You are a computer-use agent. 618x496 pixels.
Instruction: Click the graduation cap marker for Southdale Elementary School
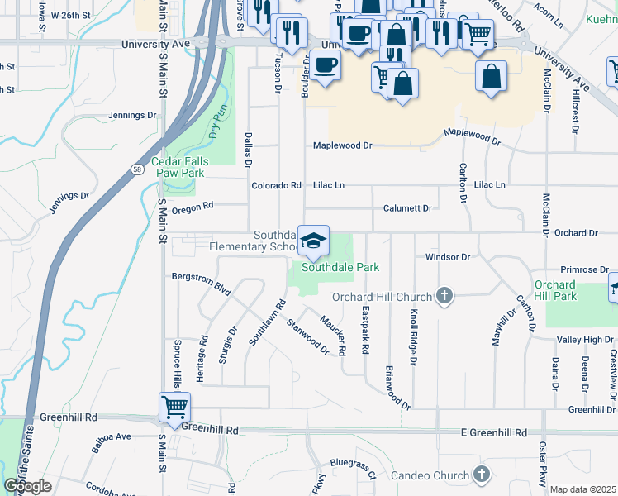coord(313,241)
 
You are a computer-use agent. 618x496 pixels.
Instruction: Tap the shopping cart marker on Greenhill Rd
coord(175,407)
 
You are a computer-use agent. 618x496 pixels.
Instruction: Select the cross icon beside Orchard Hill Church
coord(444,296)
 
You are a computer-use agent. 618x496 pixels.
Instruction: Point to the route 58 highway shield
coord(135,169)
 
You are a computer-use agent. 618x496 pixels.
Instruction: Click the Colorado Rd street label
coord(276,186)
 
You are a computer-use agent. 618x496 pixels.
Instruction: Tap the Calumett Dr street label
coord(407,208)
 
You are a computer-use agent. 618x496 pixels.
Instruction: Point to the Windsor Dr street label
coord(447,257)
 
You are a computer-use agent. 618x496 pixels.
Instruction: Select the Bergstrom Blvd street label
coord(200,283)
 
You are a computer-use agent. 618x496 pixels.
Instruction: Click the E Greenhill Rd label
coord(494,432)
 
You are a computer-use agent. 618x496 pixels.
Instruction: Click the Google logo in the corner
coord(28,486)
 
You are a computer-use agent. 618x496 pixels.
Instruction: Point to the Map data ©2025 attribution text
coord(582,489)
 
